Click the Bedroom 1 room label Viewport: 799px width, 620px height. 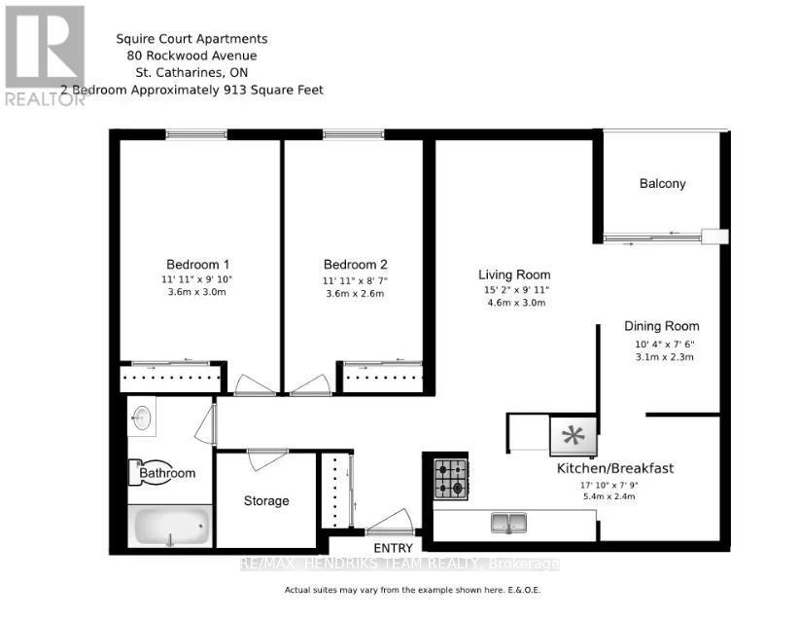197,264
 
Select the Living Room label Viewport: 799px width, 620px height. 513,274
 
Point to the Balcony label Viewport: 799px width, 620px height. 662,183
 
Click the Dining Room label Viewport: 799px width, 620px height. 661,326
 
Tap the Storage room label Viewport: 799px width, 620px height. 265,500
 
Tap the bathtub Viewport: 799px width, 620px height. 170,528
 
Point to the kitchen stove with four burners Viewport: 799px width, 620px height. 450,478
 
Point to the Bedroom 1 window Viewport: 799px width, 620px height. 195,134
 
